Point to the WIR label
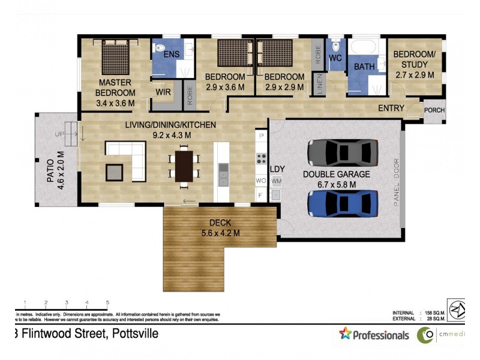[164, 92]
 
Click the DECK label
[220, 223]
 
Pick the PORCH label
[434, 110]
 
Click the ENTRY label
[391, 109]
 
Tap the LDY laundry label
[277, 169]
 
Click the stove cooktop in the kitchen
[262, 158]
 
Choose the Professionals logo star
[345, 334]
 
